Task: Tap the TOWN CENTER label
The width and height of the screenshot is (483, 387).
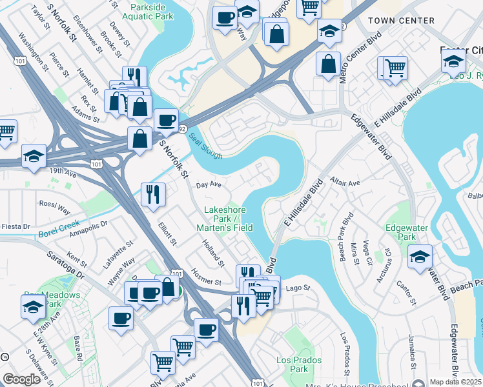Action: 401,21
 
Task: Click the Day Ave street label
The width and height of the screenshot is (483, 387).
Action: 209,184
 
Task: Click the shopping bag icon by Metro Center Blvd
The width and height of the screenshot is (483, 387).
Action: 328,63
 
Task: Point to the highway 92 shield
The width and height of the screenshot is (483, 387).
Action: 183,129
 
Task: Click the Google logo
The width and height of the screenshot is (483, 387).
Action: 21,379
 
